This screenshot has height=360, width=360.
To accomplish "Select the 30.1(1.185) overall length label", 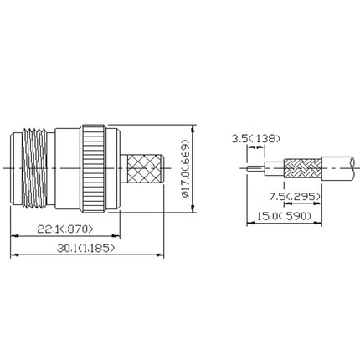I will (x=81, y=249).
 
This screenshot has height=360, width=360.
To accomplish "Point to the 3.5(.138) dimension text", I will (x=256, y=138).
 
